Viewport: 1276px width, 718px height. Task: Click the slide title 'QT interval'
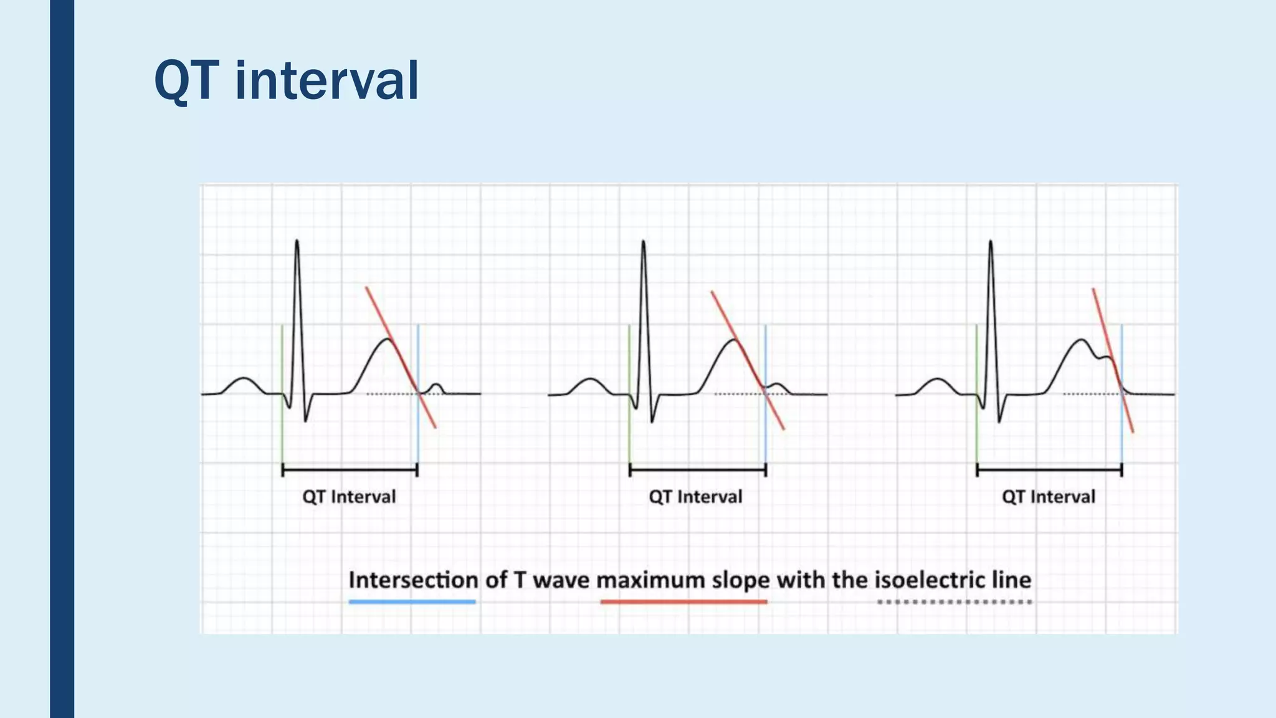[x=286, y=81]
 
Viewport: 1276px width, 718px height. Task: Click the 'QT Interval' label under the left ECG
[x=349, y=497]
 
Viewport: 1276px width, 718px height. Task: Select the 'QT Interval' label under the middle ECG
[x=695, y=497]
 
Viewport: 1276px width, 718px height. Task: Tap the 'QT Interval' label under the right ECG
[x=1049, y=497]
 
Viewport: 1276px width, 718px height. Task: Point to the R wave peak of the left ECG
[x=297, y=242]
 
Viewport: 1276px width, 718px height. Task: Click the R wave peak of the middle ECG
[x=643, y=243]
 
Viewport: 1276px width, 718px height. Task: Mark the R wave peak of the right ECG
[x=991, y=243]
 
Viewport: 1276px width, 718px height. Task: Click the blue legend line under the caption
[x=412, y=601]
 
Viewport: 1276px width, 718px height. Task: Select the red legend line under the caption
[x=683, y=601]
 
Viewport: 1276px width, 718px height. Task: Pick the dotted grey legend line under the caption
[x=955, y=601]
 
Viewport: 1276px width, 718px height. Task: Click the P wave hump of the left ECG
[x=244, y=379]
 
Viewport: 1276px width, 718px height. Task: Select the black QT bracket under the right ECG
[x=1049, y=470]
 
